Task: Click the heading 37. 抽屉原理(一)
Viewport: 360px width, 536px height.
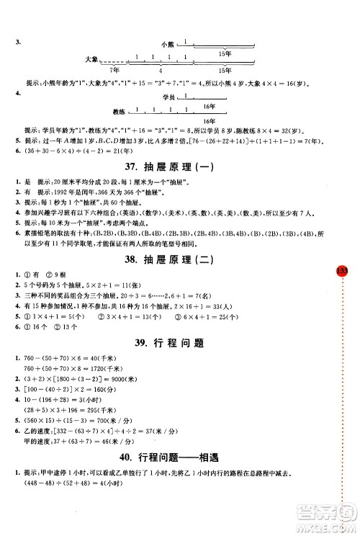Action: point(179,166)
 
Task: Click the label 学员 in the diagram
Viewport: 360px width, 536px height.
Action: point(169,97)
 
